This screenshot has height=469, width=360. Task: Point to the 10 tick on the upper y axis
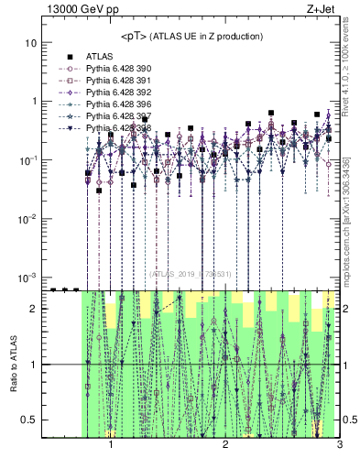30,43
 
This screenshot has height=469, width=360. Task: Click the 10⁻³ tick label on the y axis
28,277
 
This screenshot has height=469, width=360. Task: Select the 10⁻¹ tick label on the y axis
28,160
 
